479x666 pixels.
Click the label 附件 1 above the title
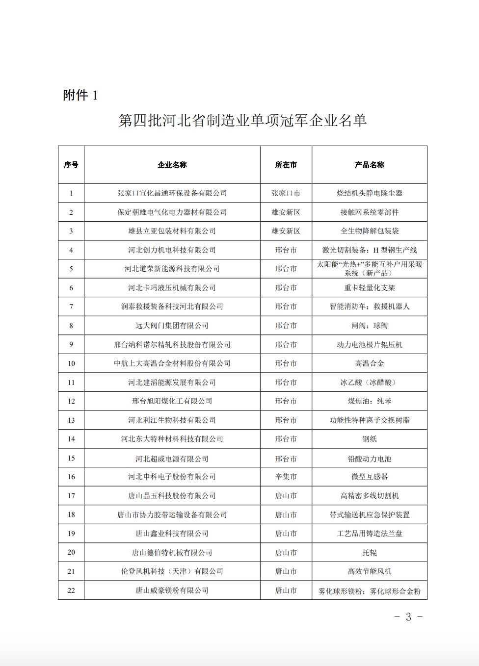[x=80, y=95]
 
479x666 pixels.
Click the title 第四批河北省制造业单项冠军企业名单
[x=242, y=120]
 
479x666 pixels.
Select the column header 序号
[x=71, y=165]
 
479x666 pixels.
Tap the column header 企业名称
[x=172, y=165]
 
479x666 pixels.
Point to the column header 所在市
[x=286, y=165]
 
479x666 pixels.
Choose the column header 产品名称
[x=370, y=165]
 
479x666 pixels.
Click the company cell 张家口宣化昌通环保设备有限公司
[x=172, y=193]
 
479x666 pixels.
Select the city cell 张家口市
[x=286, y=193]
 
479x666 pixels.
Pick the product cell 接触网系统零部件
[x=370, y=212]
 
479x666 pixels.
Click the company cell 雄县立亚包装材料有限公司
[x=172, y=231]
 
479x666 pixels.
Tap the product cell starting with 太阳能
[x=370, y=268]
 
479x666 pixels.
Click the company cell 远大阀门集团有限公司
[x=172, y=326]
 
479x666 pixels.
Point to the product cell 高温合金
[x=370, y=363]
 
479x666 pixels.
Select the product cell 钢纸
[x=370, y=439]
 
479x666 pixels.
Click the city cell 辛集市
[x=286, y=477]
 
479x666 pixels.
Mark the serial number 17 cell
[x=71, y=496]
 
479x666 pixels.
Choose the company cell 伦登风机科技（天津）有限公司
[x=172, y=571]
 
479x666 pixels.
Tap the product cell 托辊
[x=370, y=553]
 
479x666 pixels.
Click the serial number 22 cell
[x=71, y=590]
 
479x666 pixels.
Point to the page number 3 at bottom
[x=408, y=617]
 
